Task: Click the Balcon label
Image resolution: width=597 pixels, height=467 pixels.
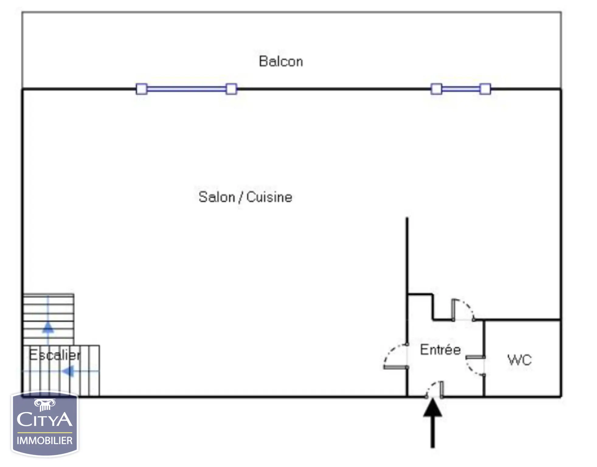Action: coord(281,61)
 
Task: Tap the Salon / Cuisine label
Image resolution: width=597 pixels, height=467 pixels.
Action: coord(245,197)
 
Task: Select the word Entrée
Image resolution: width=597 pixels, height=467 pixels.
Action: coord(440,350)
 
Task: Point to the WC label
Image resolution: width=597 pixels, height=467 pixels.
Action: coord(520,360)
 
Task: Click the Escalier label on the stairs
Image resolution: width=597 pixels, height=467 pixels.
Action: coord(55,355)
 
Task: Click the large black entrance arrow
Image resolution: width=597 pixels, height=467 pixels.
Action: coord(432,424)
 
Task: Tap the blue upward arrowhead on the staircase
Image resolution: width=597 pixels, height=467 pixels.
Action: coord(48,327)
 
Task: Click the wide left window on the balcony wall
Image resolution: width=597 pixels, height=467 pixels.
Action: coord(186,89)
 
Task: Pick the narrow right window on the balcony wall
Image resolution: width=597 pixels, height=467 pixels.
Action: coord(461,89)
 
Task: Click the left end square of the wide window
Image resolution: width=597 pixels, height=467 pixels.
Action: coord(141,89)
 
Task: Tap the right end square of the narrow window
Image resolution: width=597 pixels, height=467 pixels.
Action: coord(485,89)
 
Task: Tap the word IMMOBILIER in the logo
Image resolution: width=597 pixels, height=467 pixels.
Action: coord(45,441)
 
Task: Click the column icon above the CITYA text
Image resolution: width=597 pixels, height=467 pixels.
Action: coord(45,404)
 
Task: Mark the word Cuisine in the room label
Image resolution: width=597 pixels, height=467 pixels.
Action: coord(269,197)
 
